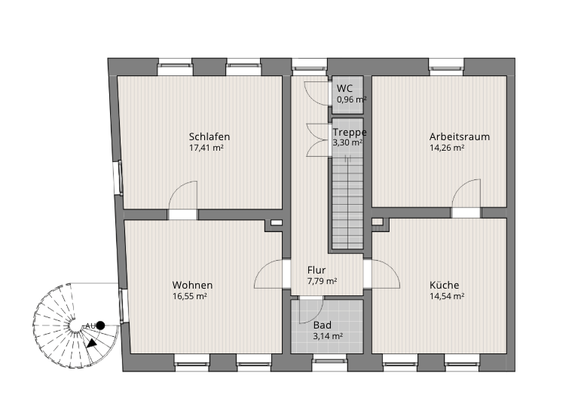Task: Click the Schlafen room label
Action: pyautogui.click(x=209, y=136)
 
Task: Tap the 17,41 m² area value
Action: pyautogui.click(x=206, y=148)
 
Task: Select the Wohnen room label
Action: pyautogui.click(x=192, y=286)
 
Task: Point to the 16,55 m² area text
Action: pyautogui.click(x=189, y=296)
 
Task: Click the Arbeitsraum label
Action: pyautogui.click(x=460, y=136)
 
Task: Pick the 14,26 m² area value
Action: pyautogui.click(x=447, y=148)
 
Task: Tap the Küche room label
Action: pyautogui.click(x=445, y=286)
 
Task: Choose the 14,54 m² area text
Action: pyautogui.click(x=447, y=296)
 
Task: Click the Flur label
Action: pyautogui.click(x=316, y=270)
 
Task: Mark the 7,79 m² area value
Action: pyautogui.click(x=322, y=281)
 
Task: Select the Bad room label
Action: pyautogui.click(x=323, y=326)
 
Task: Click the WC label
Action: pyautogui.click(x=344, y=88)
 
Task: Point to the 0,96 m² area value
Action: pyautogui.click(x=352, y=99)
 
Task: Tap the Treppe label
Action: pyautogui.click(x=350, y=133)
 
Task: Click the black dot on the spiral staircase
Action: pyautogui.click(x=100, y=326)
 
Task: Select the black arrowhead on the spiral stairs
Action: pyautogui.click(x=91, y=344)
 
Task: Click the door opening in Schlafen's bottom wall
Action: pyautogui.click(x=182, y=215)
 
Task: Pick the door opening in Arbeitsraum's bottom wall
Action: pyautogui.click(x=466, y=213)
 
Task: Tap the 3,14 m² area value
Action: pyautogui.click(x=328, y=336)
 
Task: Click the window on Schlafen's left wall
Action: pyautogui.click(x=121, y=178)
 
